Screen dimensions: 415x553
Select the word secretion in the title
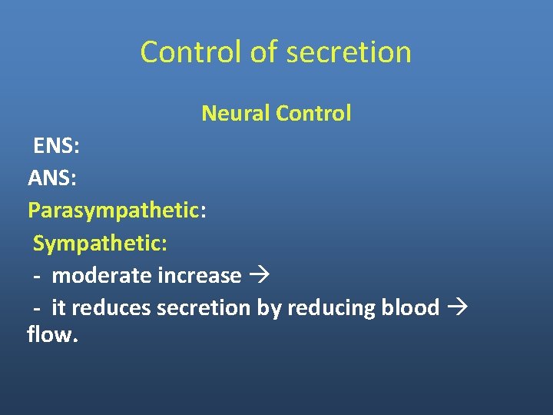(348, 52)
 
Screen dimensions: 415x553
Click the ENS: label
(56, 146)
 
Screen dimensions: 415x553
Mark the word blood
(409, 307)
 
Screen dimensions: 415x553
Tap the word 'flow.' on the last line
(52, 335)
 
